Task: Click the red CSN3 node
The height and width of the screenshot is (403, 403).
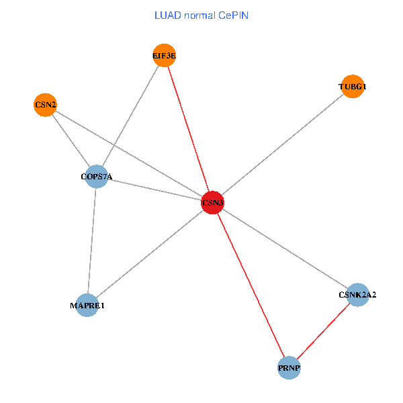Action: pos(212,202)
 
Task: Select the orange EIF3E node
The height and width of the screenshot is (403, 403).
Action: pos(165,56)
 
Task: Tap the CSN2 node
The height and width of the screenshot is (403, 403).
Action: pos(45,105)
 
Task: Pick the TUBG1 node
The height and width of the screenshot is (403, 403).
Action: pos(353,87)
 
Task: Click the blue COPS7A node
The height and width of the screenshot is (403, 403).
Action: pos(97,177)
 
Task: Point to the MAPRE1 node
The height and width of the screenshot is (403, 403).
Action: pos(87,306)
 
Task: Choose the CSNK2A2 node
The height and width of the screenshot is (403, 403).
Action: pos(357,294)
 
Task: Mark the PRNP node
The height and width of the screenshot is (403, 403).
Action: pos(289,367)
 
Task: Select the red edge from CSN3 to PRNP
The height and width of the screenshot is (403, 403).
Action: pos(251,285)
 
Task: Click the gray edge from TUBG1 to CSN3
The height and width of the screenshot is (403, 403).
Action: pos(282,144)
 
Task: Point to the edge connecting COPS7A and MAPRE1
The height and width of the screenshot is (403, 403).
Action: pos(92,242)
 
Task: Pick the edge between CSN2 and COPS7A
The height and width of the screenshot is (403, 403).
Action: pos(71,141)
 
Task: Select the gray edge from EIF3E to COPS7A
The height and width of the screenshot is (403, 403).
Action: pos(131,116)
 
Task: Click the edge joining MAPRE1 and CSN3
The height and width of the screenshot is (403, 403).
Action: pos(150,254)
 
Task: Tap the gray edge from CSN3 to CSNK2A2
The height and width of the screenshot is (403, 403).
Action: pos(285,249)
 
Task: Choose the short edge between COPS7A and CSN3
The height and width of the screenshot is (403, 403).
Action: pos(154,190)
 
